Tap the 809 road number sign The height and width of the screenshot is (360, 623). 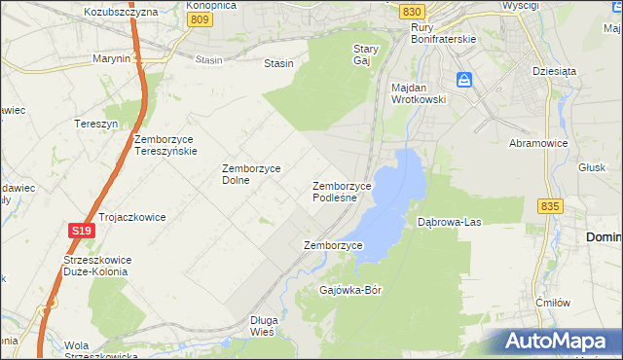200,18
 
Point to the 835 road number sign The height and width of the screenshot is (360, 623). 549,206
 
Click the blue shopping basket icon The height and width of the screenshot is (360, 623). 465,80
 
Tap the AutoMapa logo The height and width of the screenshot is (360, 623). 558,342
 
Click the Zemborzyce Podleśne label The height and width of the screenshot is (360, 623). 342,191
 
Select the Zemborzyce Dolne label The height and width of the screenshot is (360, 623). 251,173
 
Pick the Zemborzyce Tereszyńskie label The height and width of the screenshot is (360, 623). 166,145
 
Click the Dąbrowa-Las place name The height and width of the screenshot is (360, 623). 450,222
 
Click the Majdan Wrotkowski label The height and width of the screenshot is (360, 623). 418,93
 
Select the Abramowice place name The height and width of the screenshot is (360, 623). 538,142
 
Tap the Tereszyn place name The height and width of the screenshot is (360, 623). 96,124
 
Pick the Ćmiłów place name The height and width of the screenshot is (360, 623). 553,303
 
